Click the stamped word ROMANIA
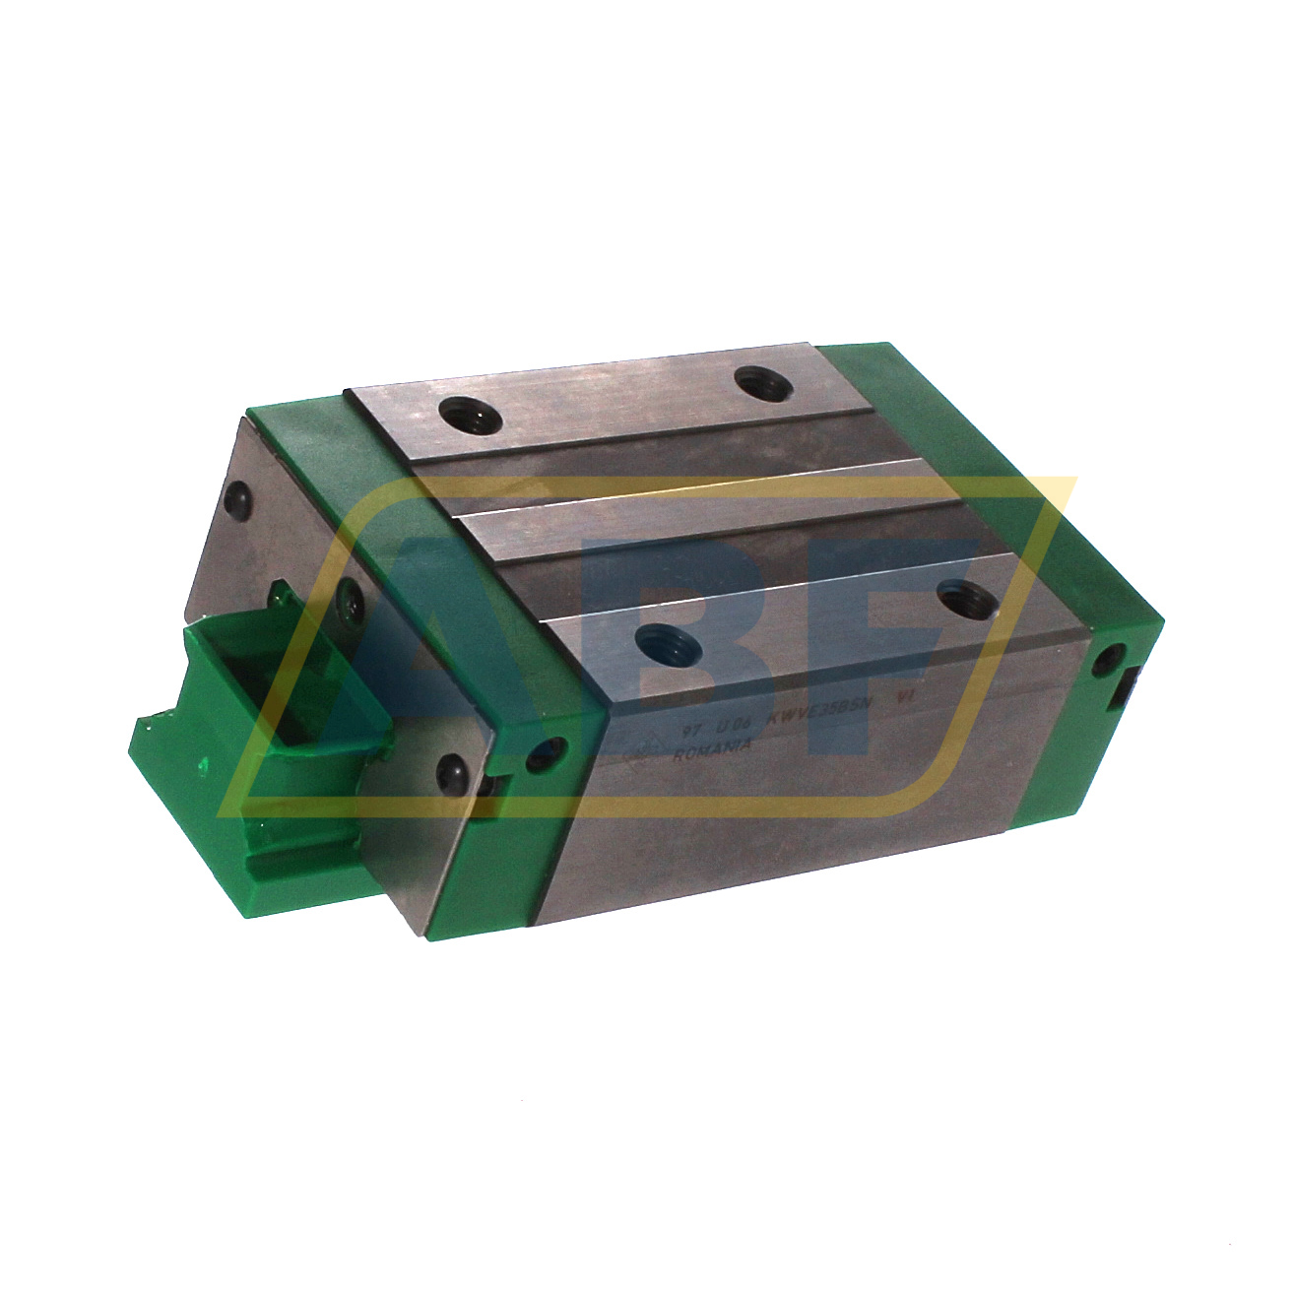[712, 751]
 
